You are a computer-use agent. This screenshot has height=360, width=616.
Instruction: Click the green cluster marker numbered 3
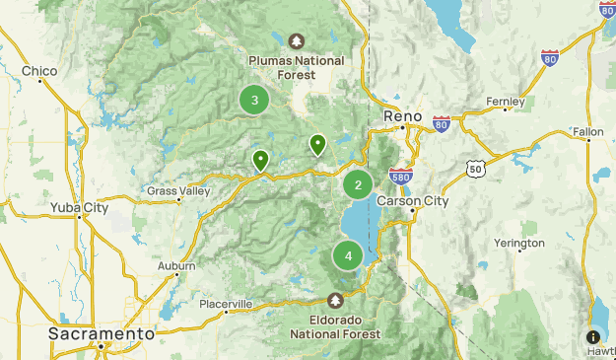255,100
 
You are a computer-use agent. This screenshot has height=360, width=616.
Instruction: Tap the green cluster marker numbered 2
358,183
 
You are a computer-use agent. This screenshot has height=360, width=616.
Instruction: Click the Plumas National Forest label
297,67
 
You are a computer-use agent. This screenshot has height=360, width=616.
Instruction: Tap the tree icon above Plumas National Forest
297,41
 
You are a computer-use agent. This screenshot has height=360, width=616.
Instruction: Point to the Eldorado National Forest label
337,326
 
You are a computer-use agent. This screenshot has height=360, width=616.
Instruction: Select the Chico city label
39,71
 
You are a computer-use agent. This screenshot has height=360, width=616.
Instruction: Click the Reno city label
403,115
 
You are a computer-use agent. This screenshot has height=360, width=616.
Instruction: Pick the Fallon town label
587,131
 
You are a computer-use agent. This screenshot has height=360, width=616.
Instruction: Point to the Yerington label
518,244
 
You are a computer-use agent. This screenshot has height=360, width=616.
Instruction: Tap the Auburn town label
176,265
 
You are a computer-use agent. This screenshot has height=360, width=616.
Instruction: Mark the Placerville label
226,303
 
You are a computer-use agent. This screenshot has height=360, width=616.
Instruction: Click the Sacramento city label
102,334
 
